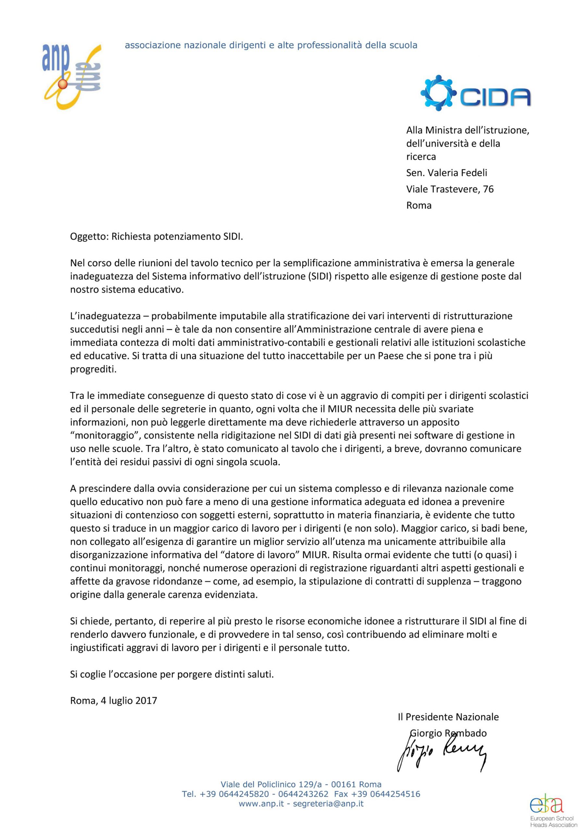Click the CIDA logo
pos(475,93)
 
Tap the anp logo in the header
pos(72,76)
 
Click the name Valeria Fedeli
pos(457,173)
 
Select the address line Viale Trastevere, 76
pos(450,189)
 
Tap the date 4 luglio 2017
pos(129,700)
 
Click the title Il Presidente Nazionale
pos(448,717)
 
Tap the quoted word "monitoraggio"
pos(105,435)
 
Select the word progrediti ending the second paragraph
pos(93,369)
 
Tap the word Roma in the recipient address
pos(419,205)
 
